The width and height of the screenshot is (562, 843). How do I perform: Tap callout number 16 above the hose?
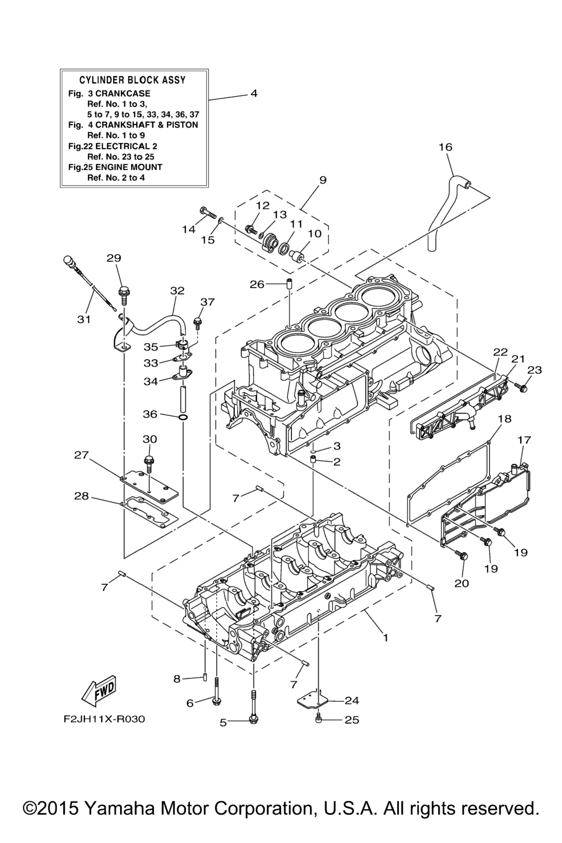click(445, 147)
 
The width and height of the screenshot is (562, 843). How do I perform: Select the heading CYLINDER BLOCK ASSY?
click(132, 80)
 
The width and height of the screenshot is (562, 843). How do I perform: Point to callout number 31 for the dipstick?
click(83, 319)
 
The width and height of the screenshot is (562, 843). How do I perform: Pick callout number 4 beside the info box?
click(254, 93)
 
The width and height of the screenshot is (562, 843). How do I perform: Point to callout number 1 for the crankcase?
click(385, 638)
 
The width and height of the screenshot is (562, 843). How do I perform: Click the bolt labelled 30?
click(148, 461)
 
